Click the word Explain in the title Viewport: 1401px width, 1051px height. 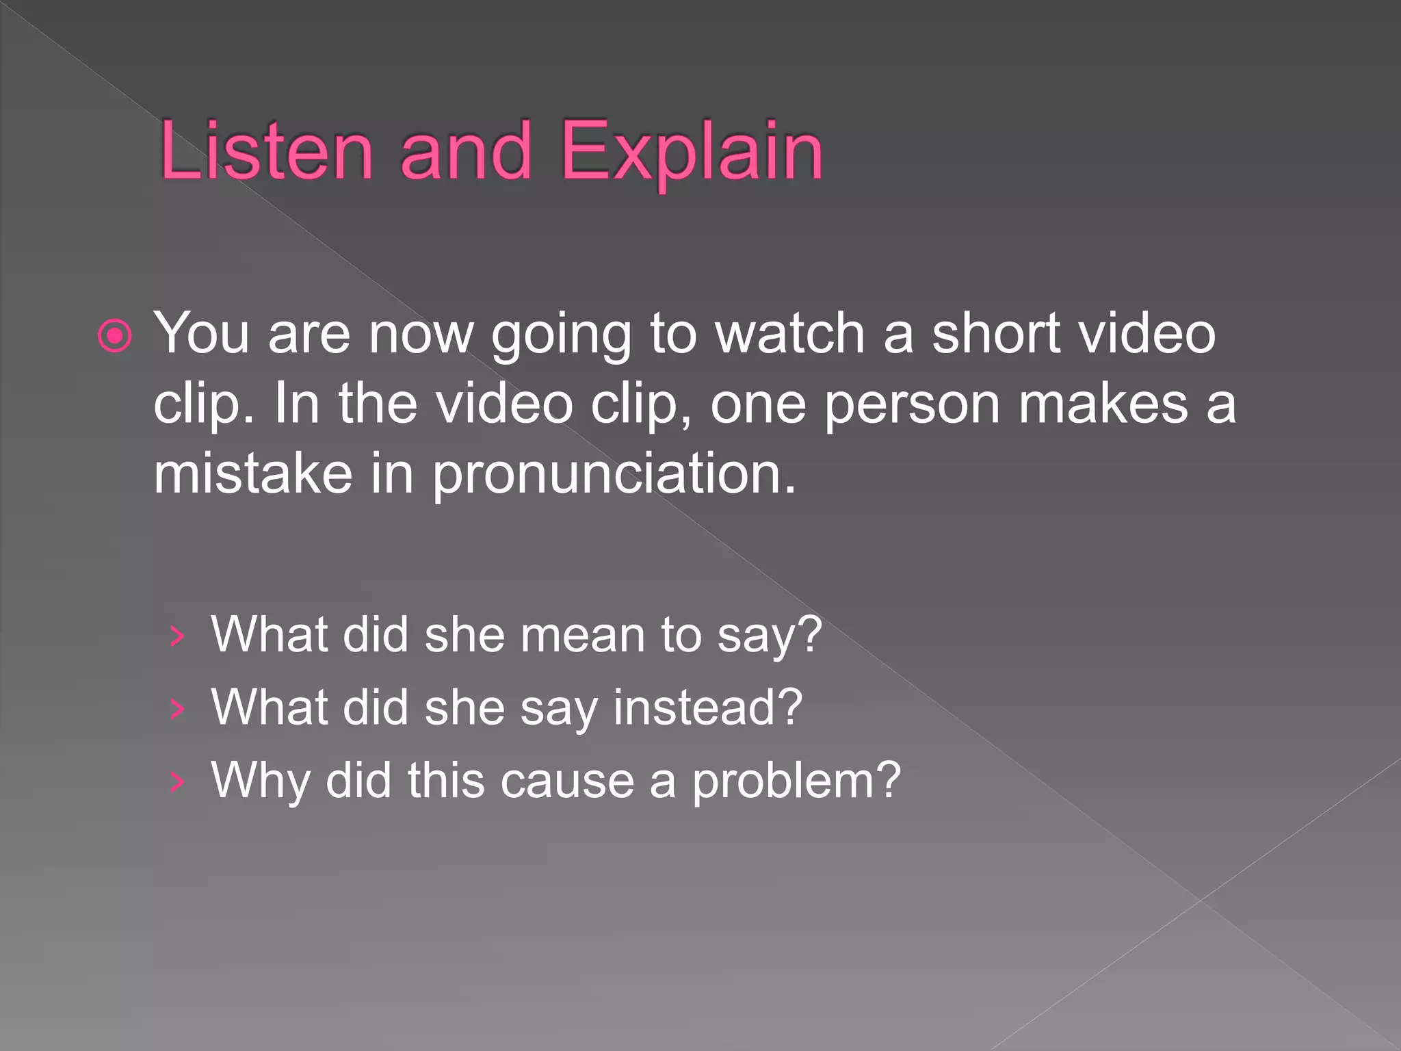pos(691,152)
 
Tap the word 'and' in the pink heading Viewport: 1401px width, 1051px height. pos(465,151)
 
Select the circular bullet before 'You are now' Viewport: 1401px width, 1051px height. pos(115,336)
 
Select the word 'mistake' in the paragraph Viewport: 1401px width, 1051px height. pos(252,473)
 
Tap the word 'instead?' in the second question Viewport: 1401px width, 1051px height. pos(707,707)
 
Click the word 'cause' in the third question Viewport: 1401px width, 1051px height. pos(567,781)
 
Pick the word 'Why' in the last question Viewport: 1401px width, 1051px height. pos(260,781)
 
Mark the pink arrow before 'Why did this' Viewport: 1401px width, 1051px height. pos(177,781)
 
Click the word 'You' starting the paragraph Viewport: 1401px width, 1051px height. pos(201,333)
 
